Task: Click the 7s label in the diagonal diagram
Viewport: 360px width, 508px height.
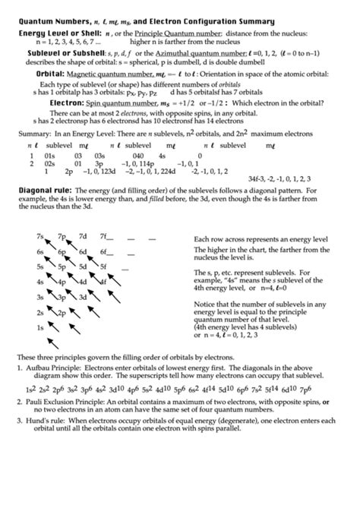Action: coord(39,236)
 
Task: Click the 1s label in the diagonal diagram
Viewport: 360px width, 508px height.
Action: coord(39,327)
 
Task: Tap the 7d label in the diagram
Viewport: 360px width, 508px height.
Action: coord(83,236)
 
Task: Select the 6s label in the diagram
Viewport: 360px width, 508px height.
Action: coord(39,251)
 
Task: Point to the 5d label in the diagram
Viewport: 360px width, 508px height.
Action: coord(83,267)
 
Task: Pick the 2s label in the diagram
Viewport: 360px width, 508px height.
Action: coord(39,312)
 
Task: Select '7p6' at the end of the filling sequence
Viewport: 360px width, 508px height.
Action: coord(305,387)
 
